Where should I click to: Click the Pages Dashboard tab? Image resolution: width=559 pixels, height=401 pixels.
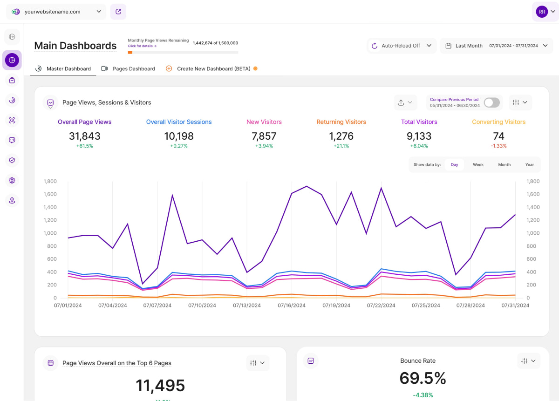click(133, 69)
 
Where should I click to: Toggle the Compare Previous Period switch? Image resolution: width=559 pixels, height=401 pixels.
click(491, 102)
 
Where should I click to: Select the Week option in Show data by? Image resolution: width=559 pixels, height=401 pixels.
click(478, 165)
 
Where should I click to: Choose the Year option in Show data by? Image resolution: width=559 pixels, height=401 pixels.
click(530, 165)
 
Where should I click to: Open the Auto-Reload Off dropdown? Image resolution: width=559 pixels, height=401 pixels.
click(402, 46)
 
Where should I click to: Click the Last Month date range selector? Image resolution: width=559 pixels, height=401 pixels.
click(496, 46)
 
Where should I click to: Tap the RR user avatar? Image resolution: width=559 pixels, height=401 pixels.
click(542, 12)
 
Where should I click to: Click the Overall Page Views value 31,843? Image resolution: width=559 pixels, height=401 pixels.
click(84, 136)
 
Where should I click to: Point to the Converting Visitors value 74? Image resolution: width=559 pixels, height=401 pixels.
click(498, 136)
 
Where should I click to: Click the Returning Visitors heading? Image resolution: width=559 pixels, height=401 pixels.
click(341, 122)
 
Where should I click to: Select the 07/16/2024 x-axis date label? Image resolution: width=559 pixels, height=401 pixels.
click(292, 306)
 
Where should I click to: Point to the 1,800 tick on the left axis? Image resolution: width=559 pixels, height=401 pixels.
click(50, 181)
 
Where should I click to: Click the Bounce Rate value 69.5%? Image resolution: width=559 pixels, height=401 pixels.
click(423, 378)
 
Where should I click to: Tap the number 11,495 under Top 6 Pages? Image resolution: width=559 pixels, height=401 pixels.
click(160, 386)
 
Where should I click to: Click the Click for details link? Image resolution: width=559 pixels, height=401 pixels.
click(142, 46)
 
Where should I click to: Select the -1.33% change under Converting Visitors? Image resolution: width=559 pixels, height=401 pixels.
click(498, 146)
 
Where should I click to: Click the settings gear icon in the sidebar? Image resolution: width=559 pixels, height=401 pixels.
click(12, 180)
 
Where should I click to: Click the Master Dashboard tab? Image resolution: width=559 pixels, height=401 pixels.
click(68, 69)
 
